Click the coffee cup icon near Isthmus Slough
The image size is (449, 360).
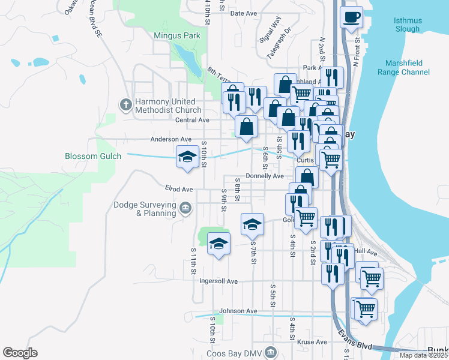[x=352, y=17]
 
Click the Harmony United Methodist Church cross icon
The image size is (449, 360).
[x=125, y=105]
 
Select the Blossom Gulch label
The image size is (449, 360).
[x=93, y=156]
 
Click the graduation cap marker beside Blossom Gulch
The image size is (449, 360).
[x=187, y=157]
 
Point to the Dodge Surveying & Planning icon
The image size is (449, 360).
[x=185, y=209]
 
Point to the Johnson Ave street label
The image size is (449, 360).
[x=238, y=311]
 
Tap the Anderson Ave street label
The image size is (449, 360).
[x=170, y=139]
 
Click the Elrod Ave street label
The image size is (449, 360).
[x=178, y=189]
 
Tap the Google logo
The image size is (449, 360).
[x=20, y=353]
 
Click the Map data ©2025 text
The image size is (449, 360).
[x=423, y=355]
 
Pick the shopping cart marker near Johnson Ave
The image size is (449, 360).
[x=366, y=310]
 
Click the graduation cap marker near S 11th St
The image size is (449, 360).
[x=218, y=244]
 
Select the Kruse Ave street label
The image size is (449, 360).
[x=313, y=342]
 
